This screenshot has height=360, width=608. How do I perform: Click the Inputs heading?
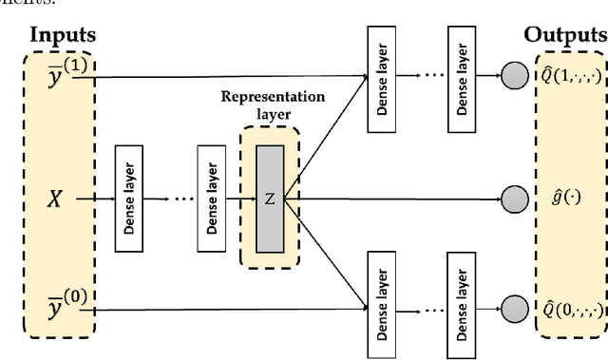[63, 35]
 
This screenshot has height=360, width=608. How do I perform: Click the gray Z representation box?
[269, 199]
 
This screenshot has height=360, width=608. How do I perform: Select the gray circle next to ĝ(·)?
[514, 199]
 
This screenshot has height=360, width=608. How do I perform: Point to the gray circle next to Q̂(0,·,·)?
[514, 310]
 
